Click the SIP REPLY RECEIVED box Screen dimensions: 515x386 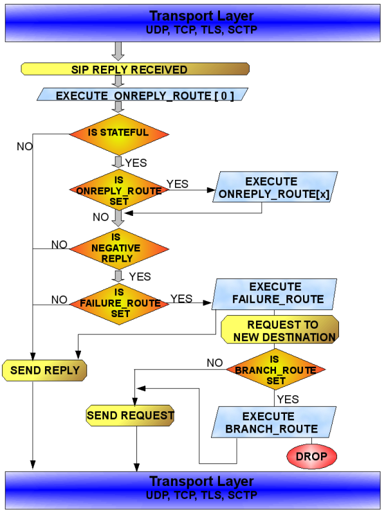coord(135,69)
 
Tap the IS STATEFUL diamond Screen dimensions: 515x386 coord(119,133)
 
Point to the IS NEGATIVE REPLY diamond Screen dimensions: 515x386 coord(119,248)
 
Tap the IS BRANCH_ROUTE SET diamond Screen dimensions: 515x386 coord(275,370)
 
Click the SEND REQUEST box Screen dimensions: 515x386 coord(131,416)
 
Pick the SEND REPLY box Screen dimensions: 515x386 coord(44,370)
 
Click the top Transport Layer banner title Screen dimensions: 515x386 coord(192,15)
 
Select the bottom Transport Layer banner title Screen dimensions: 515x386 coord(192,481)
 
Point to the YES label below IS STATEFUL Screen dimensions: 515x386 coord(136,163)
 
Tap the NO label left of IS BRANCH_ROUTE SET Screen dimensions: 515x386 coord(214,363)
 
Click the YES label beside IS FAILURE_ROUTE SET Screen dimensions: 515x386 coord(181,298)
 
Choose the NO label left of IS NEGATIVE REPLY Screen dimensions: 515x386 coord(59,244)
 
